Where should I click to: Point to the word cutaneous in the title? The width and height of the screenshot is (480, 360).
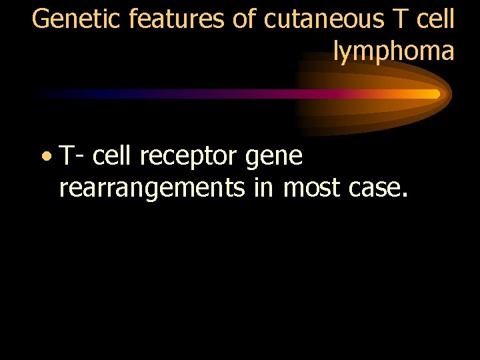321,19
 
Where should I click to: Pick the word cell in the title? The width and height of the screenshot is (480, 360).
436,19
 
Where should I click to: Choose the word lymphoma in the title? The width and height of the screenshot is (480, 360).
393,51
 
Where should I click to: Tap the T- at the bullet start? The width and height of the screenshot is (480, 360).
71,157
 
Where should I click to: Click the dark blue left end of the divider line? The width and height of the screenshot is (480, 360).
40,94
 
